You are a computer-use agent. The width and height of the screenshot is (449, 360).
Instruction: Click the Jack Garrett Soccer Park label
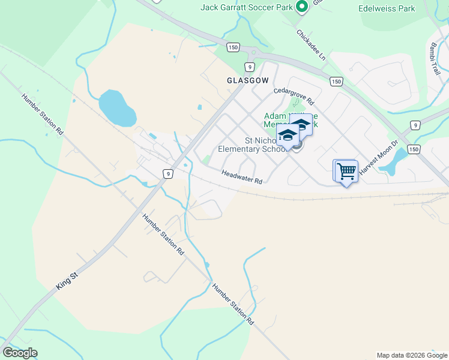tap(247, 7)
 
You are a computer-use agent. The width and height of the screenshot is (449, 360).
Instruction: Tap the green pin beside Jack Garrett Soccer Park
tap(301, 7)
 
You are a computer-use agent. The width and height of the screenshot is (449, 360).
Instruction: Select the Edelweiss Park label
tap(387, 9)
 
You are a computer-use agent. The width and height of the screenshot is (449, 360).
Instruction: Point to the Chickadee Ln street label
tap(311, 46)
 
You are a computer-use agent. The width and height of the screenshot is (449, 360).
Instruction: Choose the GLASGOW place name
tap(247, 80)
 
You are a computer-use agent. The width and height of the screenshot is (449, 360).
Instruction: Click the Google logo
tap(20, 353)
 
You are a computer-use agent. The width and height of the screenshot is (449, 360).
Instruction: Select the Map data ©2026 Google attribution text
tap(411, 355)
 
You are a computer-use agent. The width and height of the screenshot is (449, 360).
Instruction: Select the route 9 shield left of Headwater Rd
tap(169, 174)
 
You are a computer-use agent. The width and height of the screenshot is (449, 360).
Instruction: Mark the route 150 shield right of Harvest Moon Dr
tap(413, 149)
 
